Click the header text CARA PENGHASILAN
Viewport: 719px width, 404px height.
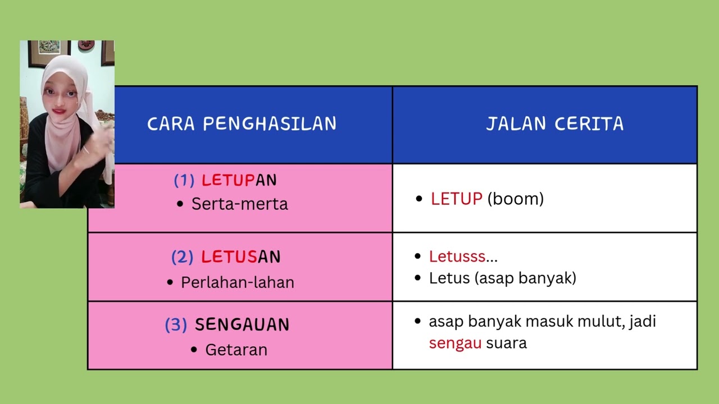pos(242,124)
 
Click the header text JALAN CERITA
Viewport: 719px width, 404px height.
pos(554,124)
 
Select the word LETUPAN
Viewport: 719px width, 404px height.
pos(239,180)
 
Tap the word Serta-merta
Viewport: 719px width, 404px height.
pos(239,204)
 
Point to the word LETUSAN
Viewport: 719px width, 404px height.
pos(240,257)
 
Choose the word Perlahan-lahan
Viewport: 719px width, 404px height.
pos(237,282)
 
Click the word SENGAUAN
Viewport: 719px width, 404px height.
pos(242,324)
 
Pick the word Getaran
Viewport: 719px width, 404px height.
pos(236,350)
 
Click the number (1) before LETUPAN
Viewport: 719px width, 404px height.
pos(184,180)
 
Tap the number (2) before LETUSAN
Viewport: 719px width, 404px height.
pos(182,257)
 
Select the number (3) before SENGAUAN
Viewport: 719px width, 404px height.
pos(175,325)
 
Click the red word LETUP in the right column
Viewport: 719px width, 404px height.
pos(456,199)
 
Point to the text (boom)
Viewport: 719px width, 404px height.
pos(515,199)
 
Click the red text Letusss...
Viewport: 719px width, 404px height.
pos(457,256)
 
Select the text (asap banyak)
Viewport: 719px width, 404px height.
pos(525,278)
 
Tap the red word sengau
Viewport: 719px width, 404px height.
pos(454,343)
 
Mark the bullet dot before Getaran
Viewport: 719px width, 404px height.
pos(194,350)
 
